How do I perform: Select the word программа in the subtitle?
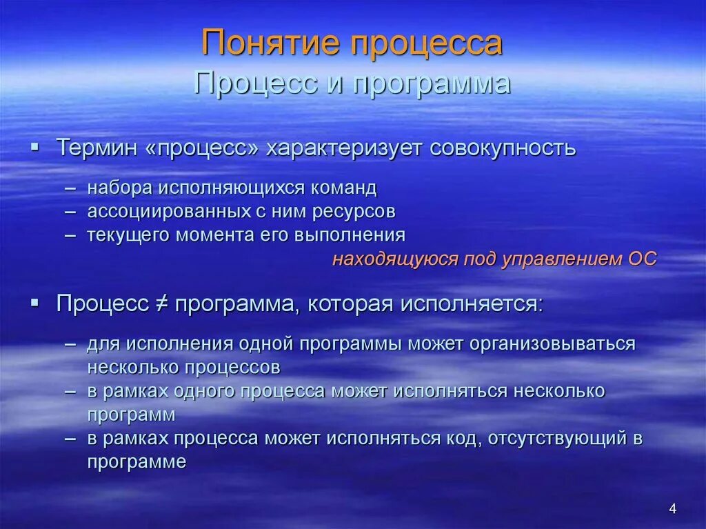point(432,83)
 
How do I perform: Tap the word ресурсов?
point(355,211)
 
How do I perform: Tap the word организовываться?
point(552,343)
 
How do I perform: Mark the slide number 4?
point(673,509)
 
